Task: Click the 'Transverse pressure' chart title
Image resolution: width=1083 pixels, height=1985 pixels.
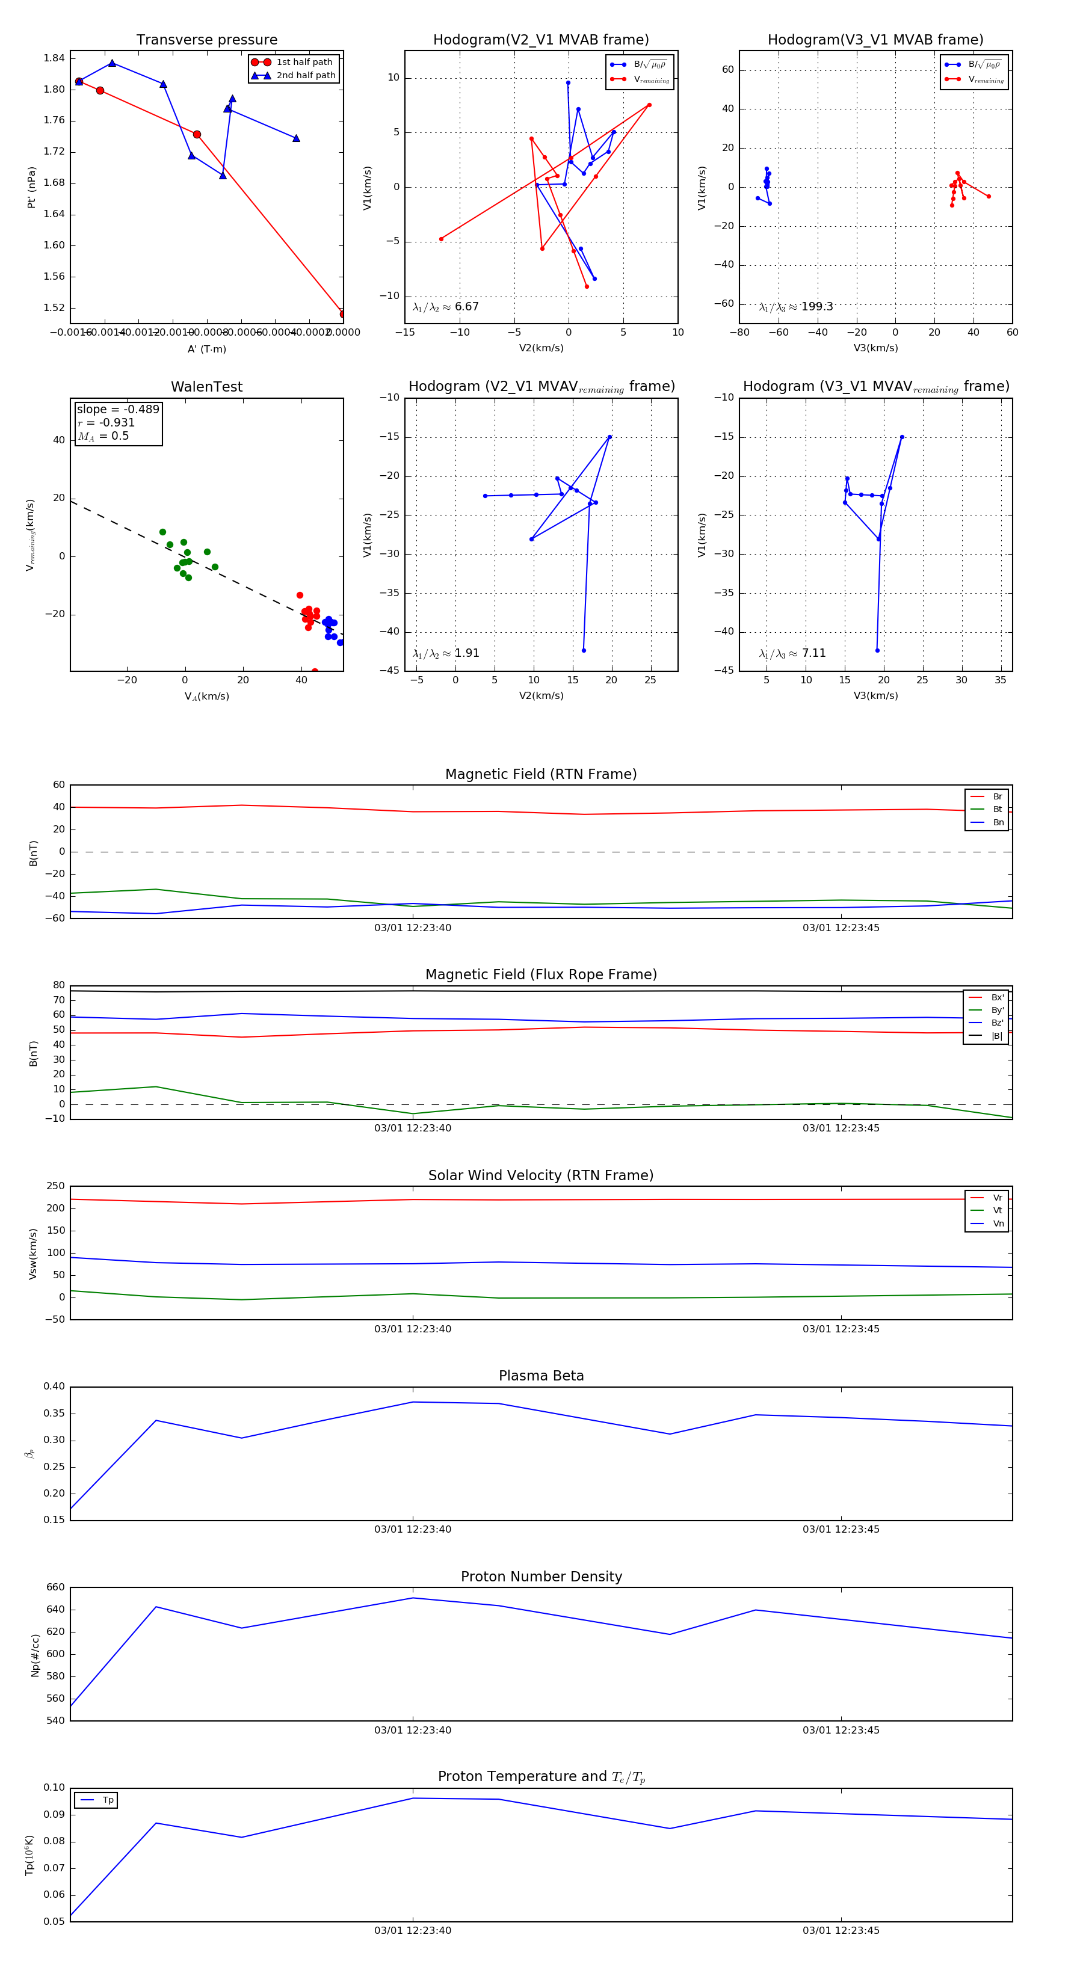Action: tap(206, 40)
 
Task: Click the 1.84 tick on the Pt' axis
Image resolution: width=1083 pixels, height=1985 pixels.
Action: tap(54, 58)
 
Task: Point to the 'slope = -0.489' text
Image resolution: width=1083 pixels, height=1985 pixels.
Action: tap(118, 409)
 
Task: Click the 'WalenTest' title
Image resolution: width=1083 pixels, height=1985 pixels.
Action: tap(206, 387)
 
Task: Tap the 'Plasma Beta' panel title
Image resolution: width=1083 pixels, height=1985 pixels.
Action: tap(541, 1376)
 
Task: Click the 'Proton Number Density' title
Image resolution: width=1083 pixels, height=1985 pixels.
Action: tap(541, 1577)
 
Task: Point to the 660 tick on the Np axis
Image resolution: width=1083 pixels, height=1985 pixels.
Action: tap(55, 1587)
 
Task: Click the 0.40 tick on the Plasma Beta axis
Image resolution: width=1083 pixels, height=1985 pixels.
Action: tap(54, 1386)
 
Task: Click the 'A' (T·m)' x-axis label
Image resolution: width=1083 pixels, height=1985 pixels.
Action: tap(206, 349)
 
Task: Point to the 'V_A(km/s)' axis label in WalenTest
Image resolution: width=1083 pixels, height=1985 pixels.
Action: tap(206, 697)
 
